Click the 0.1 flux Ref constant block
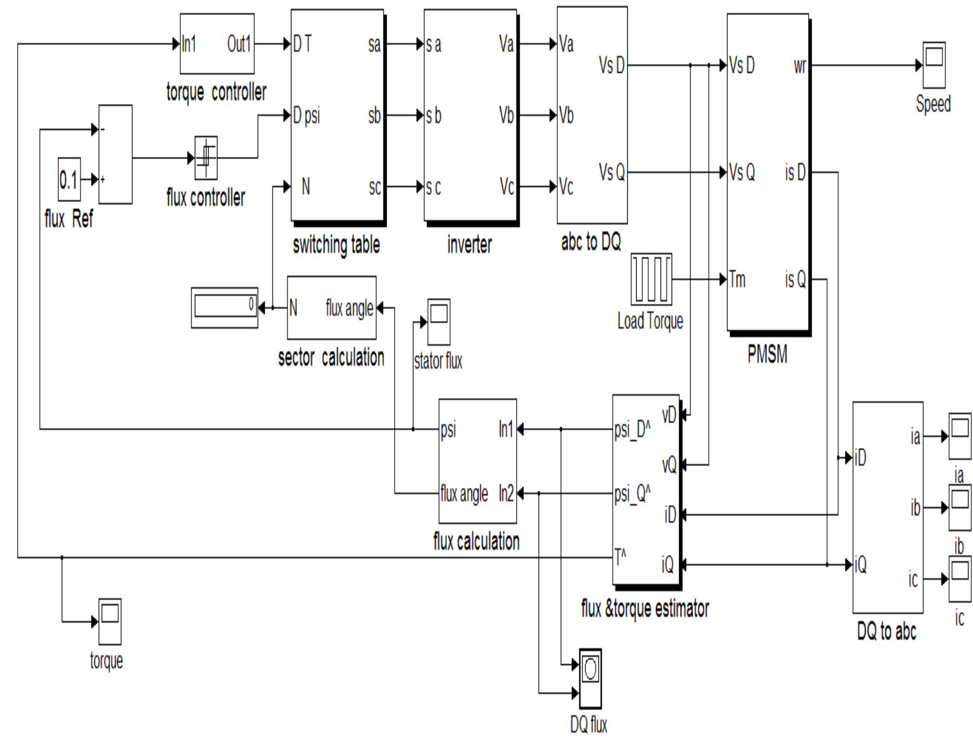pyautogui.click(x=69, y=180)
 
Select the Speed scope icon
pyautogui.click(x=934, y=65)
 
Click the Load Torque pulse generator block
pyautogui.click(x=651, y=279)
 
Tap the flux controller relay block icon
pyautogui.click(x=206, y=158)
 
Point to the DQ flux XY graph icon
pyautogui.click(x=590, y=678)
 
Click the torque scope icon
pyautogui.click(x=109, y=622)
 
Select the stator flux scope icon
pyautogui.click(x=438, y=322)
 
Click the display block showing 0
pyautogui.click(x=224, y=307)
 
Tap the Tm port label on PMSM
pyautogui.click(x=737, y=279)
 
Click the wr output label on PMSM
pyautogui.click(x=799, y=66)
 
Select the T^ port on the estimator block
pyautogui.click(x=621, y=557)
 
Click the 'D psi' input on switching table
pyautogui.click(x=306, y=116)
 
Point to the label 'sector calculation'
pyautogui.click(x=331, y=358)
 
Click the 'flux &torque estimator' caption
pyautogui.click(x=644, y=609)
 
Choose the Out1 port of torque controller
pyautogui.click(x=239, y=43)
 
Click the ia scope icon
pyautogui.click(x=960, y=436)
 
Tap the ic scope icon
pyautogui.click(x=960, y=579)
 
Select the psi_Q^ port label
pyautogui.click(x=632, y=493)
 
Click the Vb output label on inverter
pyautogui.click(x=506, y=116)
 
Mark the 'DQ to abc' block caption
pyautogui.click(x=886, y=631)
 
